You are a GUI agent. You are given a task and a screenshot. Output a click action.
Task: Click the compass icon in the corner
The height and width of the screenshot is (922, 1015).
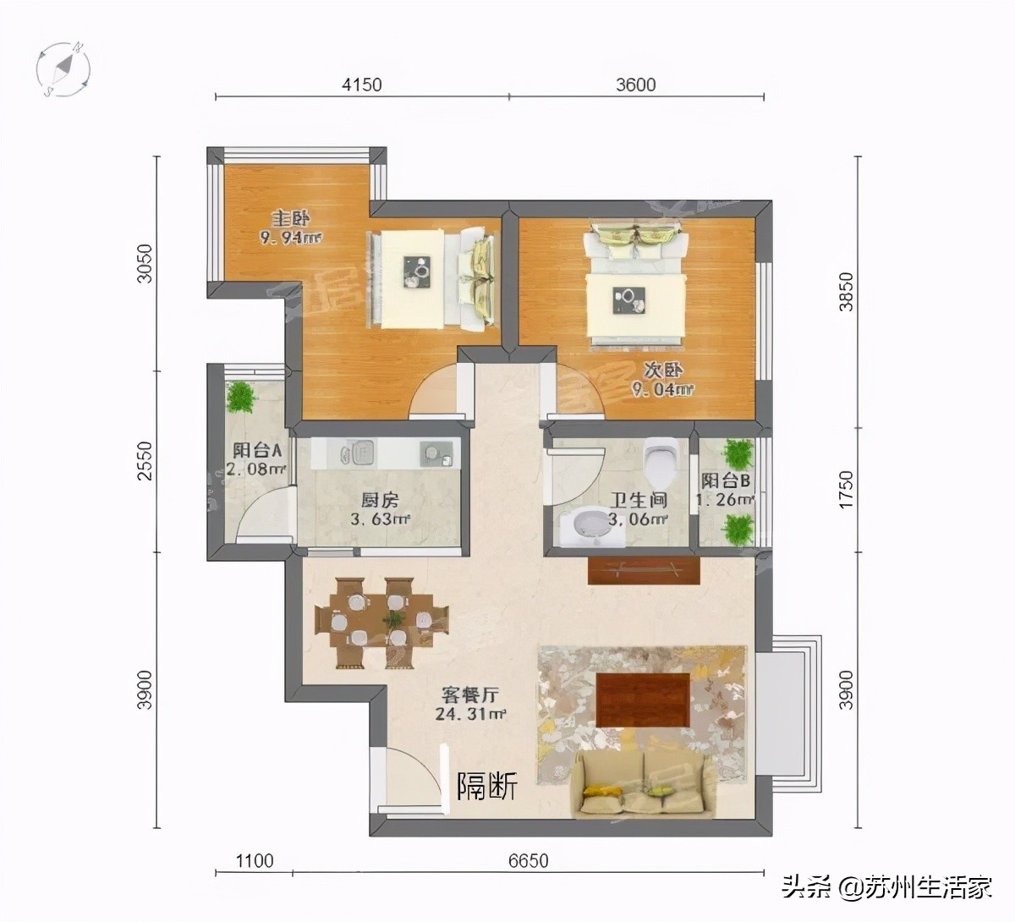pyautogui.click(x=64, y=68)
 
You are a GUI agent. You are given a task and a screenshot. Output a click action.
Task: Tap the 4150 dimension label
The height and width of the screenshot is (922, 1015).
pyautogui.click(x=361, y=85)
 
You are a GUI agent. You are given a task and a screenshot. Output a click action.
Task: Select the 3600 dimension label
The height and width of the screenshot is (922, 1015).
pyautogui.click(x=635, y=85)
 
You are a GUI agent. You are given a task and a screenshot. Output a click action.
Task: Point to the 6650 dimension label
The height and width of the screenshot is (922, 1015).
pyautogui.click(x=528, y=861)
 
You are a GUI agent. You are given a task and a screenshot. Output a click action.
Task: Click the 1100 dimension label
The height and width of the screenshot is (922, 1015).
pyautogui.click(x=254, y=861)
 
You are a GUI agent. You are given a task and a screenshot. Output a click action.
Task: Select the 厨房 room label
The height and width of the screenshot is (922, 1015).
pyautogui.click(x=380, y=500)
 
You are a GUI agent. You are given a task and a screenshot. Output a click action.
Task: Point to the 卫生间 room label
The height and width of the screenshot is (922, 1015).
pyautogui.click(x=639, y=500)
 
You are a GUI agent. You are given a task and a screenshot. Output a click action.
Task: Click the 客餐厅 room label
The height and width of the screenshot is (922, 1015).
pyautogui.click(x=470, y=695)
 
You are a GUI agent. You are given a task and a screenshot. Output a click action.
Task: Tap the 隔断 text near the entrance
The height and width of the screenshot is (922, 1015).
pyautogui.click(x=487, y=787)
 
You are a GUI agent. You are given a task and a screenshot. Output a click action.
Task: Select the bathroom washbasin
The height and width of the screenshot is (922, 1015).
pyautogui.click(x=586, y=525)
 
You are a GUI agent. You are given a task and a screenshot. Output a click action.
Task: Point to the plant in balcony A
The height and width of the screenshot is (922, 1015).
pyautogui.click(x=242, y=397)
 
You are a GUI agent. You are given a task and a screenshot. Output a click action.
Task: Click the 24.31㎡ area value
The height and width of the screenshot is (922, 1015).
pyautogui.click(x=470, y=715)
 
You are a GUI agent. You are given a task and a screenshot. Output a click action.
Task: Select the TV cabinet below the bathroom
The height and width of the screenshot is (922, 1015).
pyautogui.click(x=645, y=570)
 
